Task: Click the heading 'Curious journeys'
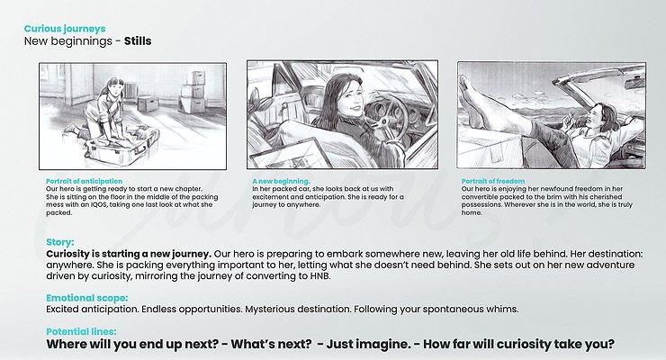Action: tap(65, 29)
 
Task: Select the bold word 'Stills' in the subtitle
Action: tap(138, 41)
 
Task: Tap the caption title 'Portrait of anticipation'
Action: tap(84, 181)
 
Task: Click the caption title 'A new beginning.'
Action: tap(281, 181)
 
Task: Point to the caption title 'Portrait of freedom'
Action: tap(493, 181)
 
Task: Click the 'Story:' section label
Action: tap(60, 242)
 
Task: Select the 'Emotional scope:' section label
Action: tap(86, 298)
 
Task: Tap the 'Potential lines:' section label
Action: tap(81, 331)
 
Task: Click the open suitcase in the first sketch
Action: tap(122, 147)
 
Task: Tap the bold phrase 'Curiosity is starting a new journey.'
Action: tap(129, 255)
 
